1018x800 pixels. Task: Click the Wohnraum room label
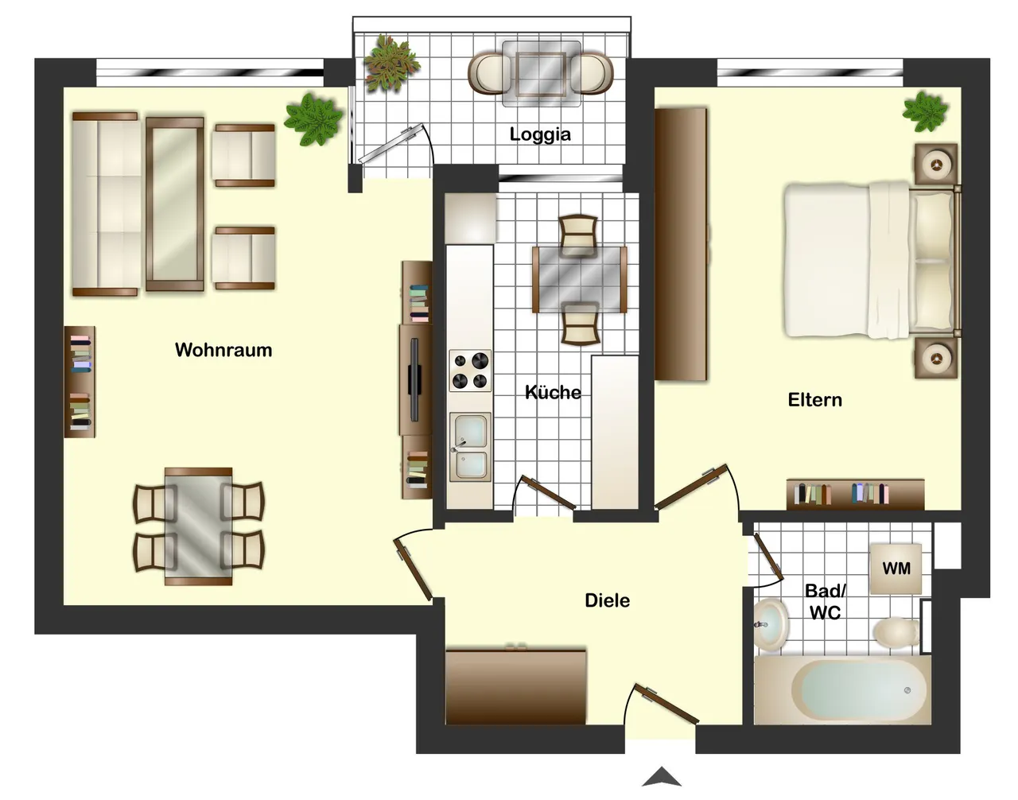coord(223,350)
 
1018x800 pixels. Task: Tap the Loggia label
coord(540,134)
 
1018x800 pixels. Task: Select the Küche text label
coord(553,392)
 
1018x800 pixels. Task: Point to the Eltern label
coord(814,400)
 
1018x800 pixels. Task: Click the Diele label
coord(607,600)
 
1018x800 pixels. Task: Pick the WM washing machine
coord(896,569)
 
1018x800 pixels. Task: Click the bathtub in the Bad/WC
coord(842,690)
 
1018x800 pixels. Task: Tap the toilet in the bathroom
coord(896,632)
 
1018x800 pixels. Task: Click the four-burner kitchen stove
coord(470,370)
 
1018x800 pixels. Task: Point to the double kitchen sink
coord(470,446)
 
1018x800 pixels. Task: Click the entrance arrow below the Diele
coord(661,777)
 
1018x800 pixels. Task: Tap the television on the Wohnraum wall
coord(414,379)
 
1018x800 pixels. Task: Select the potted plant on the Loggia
coord(391,63)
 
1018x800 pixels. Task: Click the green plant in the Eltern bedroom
coord(925,112)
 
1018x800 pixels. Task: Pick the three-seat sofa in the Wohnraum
coord(106,204)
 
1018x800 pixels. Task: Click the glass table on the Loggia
coord(541,74)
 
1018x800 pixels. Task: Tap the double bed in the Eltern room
coord(872,260)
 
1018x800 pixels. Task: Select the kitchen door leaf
coord(549,493)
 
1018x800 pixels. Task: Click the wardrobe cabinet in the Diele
coord(515,685)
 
